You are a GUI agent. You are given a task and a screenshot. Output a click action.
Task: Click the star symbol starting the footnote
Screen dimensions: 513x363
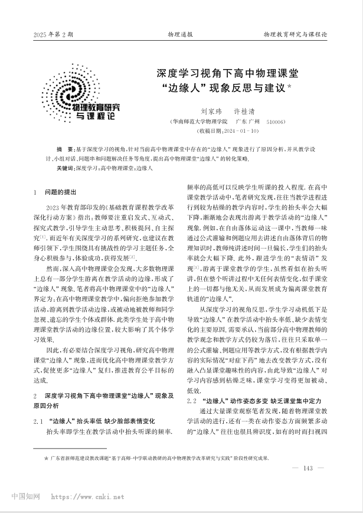click(47, 458)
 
